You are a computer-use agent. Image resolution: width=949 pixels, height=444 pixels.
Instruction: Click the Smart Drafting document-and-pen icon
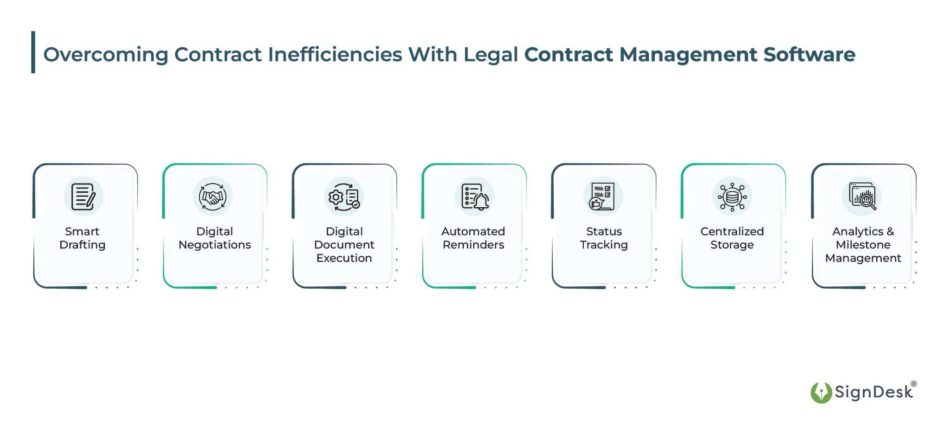click(x=83, y=197)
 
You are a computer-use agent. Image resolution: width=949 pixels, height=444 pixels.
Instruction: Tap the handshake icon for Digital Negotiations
click(x=213, y=197)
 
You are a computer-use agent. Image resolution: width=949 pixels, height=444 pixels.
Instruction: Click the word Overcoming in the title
click(x=106, y=55)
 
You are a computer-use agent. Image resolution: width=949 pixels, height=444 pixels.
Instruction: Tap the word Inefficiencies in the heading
click(x=335, y=54)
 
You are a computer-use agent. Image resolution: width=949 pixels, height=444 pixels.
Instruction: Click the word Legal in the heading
click(x=491, y=55)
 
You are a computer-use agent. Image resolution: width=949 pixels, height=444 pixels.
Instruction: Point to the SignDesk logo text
click(x=873, y=392)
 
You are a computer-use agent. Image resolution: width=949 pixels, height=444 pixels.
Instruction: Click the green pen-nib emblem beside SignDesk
click(x=821, y=393)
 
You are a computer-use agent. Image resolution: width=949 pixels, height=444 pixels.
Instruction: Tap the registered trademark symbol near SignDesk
click(x=913, y=384)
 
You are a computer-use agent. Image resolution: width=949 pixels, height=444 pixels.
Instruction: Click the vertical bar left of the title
click(x=33, y=52)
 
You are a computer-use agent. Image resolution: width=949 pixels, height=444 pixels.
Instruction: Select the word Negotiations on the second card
click(x=215, y=245)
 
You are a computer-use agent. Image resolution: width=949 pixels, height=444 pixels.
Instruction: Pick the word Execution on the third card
click(x=344, y=258)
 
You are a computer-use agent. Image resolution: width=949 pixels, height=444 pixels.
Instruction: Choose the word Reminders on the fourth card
click(x=473, y=245)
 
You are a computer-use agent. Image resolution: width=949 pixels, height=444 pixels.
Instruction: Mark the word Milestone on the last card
click(x=863, y=245)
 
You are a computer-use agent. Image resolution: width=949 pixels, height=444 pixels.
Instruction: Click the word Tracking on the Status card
click(x=604, y=245)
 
